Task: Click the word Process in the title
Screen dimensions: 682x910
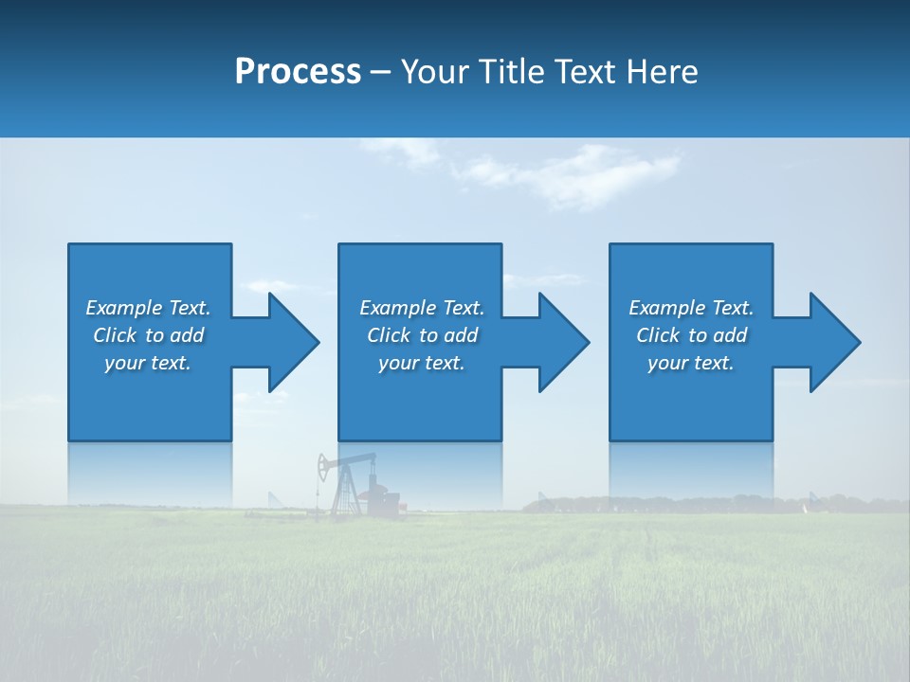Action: point(298,72)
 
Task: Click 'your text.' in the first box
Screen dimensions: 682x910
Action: point(148,363)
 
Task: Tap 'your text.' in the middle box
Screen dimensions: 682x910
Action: point(421,363)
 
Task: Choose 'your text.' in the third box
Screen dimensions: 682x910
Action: point(691,363)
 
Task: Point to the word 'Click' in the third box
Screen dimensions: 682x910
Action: point(658,335)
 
